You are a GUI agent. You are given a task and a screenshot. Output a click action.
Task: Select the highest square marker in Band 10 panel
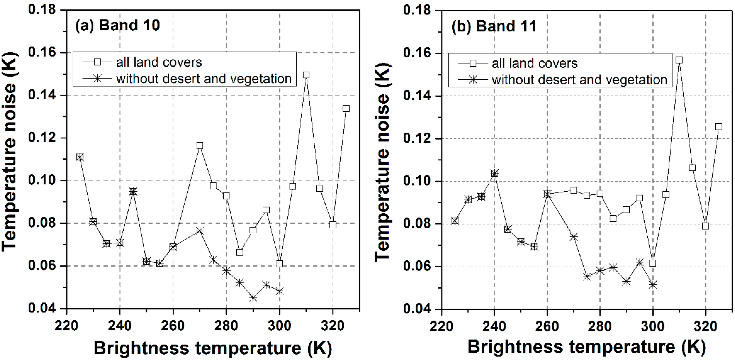click(x=306, y=75)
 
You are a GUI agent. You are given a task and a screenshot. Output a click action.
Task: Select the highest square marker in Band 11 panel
click(x=679, y=60)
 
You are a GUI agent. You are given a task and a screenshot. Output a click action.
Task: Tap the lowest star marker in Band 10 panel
click(x=253, y=298)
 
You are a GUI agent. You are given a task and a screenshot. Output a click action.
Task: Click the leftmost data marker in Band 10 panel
click(x=80, y=157)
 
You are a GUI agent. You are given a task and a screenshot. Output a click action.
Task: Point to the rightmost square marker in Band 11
click(x=718, y=127)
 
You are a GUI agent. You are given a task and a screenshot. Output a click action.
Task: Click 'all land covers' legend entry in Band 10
click(x=159, y=62)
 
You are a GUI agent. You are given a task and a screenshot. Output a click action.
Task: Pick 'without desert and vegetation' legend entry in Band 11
click(x=579, y=80)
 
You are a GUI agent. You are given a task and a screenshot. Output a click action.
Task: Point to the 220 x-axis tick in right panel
click(x=441, y=326)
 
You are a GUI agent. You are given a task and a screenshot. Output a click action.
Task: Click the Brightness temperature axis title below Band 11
click(x=586, y=347)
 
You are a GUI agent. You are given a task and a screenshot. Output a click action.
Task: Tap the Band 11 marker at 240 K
click(x=494, y=173)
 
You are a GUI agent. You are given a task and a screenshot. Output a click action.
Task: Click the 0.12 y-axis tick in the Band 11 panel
click(x=417, y=139)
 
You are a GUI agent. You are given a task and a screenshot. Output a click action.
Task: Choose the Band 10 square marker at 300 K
click(x=279, y=264)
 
